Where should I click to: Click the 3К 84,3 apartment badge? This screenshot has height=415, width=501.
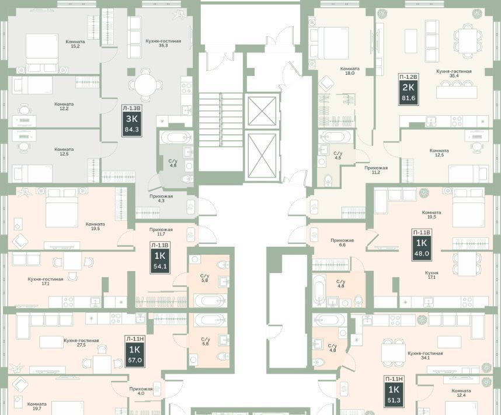point(131,121)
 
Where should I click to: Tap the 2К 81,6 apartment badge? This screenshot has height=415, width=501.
point(408,89)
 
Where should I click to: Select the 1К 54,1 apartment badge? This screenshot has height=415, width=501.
point(160,258)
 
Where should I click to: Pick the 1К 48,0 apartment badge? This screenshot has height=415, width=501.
point(422,245)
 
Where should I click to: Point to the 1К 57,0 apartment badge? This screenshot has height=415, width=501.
point(134,351)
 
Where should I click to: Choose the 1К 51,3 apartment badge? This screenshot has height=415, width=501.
point(394,392)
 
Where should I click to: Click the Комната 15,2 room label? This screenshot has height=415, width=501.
point(75,44)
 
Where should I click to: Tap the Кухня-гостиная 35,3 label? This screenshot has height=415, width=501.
point(163,43)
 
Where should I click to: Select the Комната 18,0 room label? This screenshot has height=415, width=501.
point(350,71)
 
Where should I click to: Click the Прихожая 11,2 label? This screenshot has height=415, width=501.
point(376,170)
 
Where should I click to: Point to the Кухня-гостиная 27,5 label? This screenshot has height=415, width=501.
point(81,343)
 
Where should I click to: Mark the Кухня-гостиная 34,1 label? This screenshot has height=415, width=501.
point(425,355)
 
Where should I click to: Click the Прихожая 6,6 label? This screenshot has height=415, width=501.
point(342,243)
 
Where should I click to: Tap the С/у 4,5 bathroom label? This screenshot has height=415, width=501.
point(338,155)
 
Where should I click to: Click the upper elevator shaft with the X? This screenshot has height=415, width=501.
point(262,111)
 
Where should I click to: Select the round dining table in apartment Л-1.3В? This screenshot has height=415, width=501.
point(145,85)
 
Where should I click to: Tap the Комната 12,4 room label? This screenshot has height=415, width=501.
point(461,393)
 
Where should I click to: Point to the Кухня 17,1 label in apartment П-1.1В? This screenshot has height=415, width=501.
point(432,275)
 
